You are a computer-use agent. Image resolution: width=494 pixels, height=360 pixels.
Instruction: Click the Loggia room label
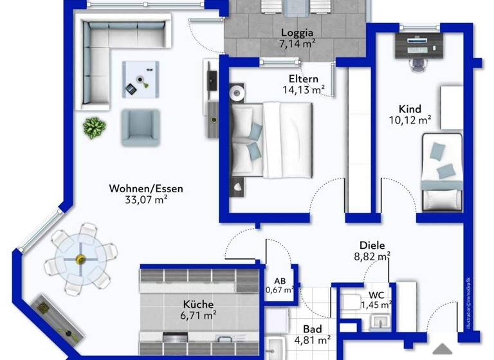point(297,33)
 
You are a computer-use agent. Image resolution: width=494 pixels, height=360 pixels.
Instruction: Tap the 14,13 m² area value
point(304,90)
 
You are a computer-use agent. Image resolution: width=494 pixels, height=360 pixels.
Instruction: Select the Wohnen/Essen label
point(146,188)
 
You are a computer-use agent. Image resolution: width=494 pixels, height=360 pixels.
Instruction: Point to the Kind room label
point(410,108)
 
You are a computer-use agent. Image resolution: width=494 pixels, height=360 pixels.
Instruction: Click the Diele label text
point(372,245)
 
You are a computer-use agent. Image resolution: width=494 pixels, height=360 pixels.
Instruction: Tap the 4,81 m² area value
point(312,340)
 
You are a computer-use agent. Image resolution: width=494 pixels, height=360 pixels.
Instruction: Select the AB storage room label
point(280,280)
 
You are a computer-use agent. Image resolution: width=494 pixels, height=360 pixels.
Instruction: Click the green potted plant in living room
point(94,127)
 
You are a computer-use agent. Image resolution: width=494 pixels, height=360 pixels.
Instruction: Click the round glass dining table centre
point(80,259)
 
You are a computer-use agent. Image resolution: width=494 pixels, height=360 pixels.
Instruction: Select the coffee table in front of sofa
point(140,79)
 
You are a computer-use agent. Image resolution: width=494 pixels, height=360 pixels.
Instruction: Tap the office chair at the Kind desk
point(414,62)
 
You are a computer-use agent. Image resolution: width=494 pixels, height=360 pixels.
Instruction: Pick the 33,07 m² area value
point(146,200)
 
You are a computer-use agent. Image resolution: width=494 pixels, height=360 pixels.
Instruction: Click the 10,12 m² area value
point(410,120)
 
